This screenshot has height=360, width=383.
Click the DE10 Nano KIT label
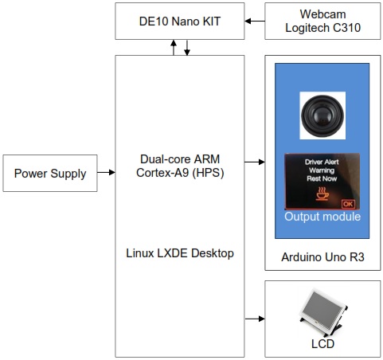pos(180,22)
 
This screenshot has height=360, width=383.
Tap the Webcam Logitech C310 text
pos(322,21)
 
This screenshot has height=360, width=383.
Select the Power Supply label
pos(50,174)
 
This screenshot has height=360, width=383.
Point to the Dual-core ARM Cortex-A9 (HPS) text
pos(180,166)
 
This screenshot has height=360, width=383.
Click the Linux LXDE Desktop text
pos(180,253)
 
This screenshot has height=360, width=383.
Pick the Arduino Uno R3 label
pos(322,257)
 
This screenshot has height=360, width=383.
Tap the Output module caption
pos(322,217)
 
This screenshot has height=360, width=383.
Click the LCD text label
pos(322,344)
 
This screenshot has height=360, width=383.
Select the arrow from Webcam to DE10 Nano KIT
pos(255,21)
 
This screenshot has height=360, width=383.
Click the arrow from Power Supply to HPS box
pos(106,172)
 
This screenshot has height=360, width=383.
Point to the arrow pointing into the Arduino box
pos(255,162)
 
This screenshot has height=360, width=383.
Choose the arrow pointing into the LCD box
pos(255,319)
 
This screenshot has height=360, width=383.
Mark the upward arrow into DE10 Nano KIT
pos(174,48)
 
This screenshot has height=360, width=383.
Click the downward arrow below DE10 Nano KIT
pos(187,48)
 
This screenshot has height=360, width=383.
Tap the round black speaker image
pos(322,115)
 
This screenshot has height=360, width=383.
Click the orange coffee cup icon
pos(322,194)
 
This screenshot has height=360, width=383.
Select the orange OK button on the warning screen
pos(348,204)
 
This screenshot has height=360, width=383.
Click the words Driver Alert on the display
pos(322,162)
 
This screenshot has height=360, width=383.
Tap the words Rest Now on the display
pos(322,178)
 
